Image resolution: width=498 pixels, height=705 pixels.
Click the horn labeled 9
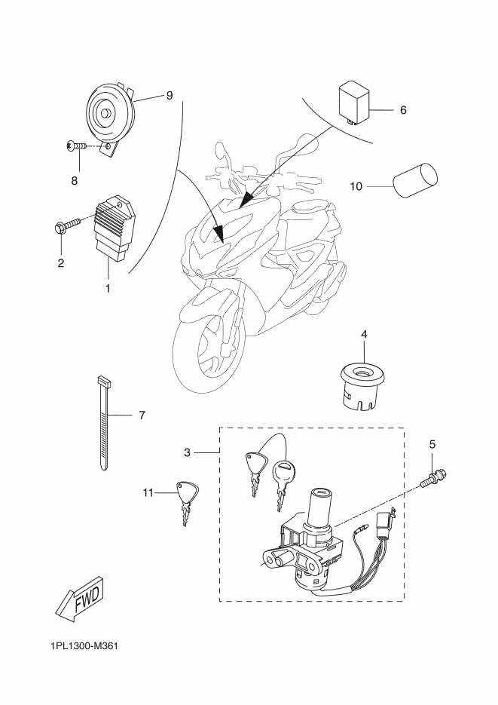pyautogui.click(x=111, y=118)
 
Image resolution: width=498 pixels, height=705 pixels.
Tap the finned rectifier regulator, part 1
pyautogui.click(x=115, y=228)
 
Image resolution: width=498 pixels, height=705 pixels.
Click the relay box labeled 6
pyautogui.click(x=354, y=102)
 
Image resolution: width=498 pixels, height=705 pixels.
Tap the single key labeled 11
pyautogui.click(x=186, y=503)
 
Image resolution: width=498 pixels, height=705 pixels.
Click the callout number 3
pyautogui.click(x=188, y=452)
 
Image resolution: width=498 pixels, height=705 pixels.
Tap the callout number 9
pyautogui.click(x=170, y=95)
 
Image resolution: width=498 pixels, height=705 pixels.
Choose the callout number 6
pyautogui.click(x=403, y=109)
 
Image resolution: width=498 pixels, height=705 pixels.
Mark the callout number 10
pyautogui.click(x=356, y=186)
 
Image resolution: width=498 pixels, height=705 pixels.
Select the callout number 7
pyautogui.click(x=142, y=415)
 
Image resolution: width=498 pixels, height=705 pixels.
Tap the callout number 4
pyautogui.click(x=364, y=334)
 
